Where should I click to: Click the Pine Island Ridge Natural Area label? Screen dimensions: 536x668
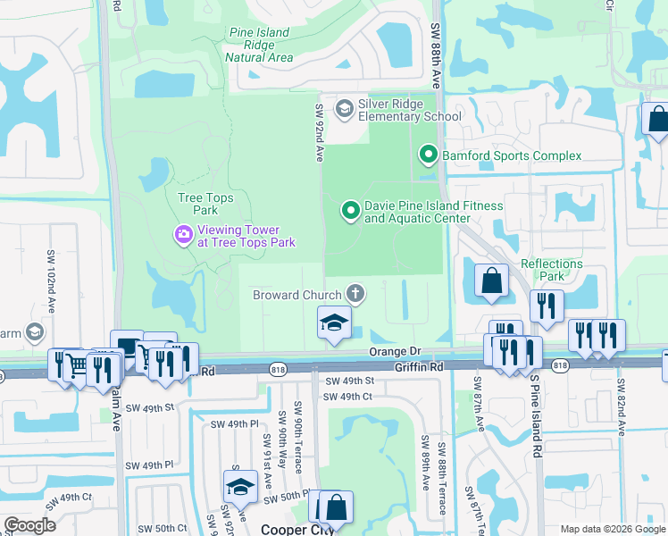[x=259, y=45]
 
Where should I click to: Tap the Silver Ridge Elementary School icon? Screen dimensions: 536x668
[x=344, y=108]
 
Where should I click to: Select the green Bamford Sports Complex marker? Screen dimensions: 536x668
[x=428, y=156]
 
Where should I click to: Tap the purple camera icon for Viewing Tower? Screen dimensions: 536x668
[x=183, y=235]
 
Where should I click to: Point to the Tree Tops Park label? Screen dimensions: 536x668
[x=198, y=204]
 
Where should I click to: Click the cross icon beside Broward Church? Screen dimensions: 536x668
[x=355, y=294]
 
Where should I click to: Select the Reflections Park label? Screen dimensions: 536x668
[x=552, y=271]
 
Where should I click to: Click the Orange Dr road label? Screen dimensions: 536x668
[x=395, y=352]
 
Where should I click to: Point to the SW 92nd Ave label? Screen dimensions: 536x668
[x=318, y=132]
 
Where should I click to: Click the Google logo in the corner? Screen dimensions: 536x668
[x=30, y=525]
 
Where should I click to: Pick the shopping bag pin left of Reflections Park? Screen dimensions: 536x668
[x=491, y=281]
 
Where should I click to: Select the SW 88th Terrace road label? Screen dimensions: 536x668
[x=442, y=487]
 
